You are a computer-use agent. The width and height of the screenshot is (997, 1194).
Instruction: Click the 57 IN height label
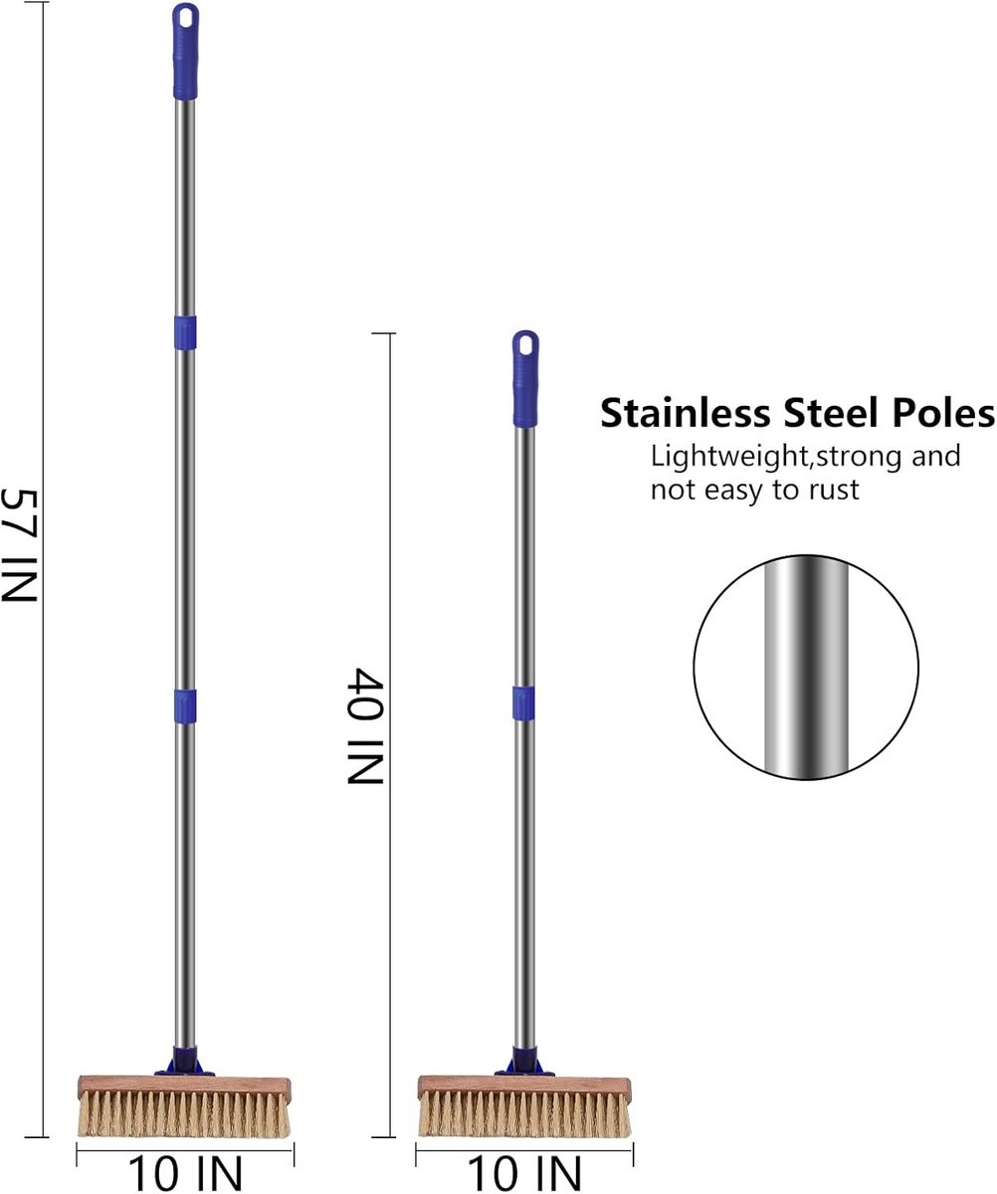point(21,545)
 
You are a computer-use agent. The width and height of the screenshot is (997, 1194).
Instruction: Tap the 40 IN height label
point(365,725)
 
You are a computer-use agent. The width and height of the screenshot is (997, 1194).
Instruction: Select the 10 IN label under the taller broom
point(185,1174)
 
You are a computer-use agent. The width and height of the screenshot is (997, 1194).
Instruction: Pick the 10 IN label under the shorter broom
point(524,1174)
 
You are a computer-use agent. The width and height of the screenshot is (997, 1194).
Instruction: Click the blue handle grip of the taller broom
point(185,52)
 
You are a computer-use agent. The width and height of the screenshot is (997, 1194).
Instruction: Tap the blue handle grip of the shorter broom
point(525,379)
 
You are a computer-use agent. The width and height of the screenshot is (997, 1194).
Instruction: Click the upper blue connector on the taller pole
point(185,332)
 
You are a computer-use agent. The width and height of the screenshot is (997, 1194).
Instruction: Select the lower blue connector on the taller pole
point(185,706)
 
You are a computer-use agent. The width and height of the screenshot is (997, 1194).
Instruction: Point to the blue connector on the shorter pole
point(524,703)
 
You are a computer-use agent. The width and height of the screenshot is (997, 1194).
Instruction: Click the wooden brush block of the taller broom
point(184,1086)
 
